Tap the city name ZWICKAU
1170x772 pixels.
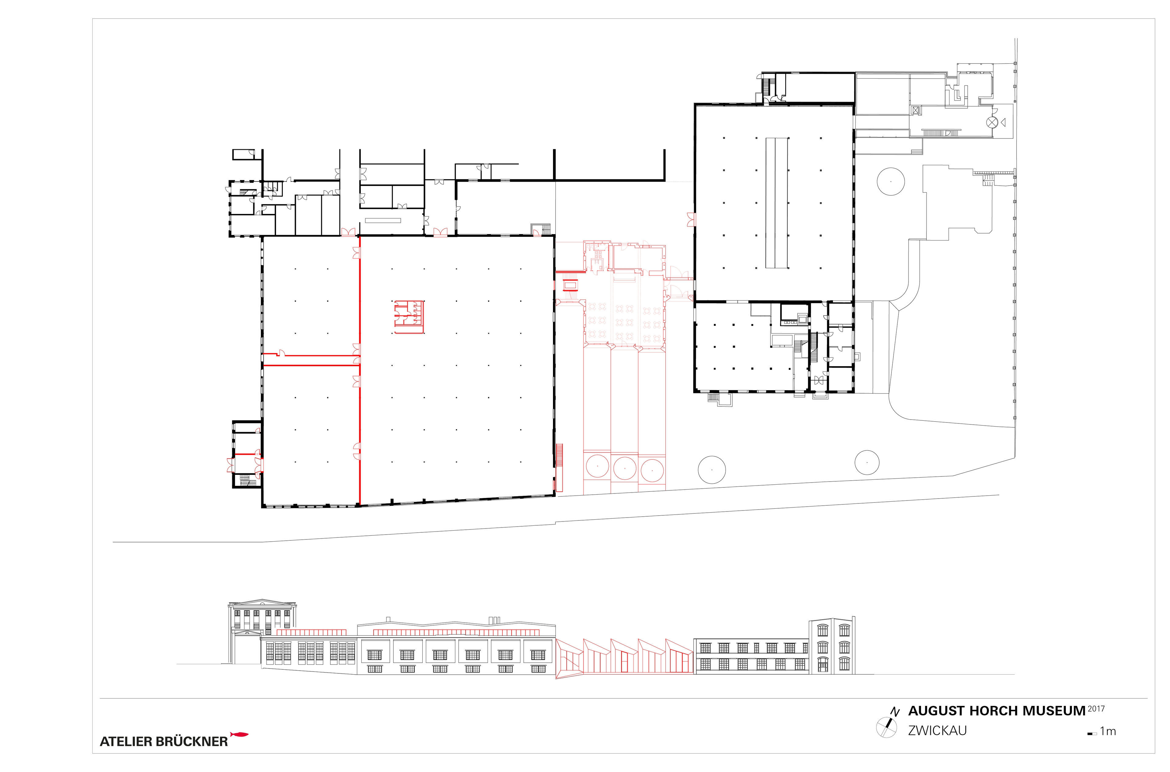938,731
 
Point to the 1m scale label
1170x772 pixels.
1108,732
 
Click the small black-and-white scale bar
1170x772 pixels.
1092,734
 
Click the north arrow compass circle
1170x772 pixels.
887,728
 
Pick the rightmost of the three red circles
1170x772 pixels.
652,470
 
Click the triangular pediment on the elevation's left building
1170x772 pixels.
262,602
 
